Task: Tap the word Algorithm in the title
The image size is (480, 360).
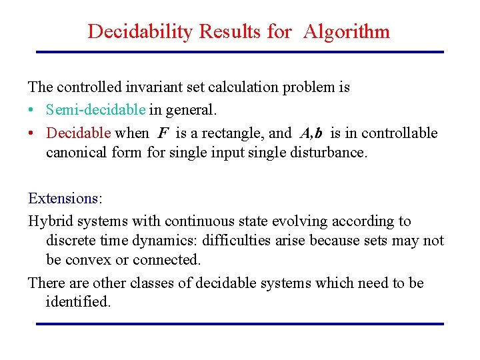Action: pos(346,31)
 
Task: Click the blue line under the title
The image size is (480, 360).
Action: pos(239,52)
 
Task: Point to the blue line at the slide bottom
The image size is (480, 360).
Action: pos(239,324)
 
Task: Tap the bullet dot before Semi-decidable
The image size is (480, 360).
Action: pos(33,109)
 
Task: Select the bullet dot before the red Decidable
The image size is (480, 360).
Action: pos(33,133)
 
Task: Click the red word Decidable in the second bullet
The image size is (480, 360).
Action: pos(78,133)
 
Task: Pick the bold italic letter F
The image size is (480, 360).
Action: pos(163,133)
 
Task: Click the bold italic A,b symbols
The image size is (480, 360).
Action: pos(316,133)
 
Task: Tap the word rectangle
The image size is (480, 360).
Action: pos(233,133)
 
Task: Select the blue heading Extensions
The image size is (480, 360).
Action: pos(63,198)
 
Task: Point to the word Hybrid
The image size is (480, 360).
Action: pos(49,221)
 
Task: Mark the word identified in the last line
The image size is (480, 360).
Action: pos(77,301)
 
